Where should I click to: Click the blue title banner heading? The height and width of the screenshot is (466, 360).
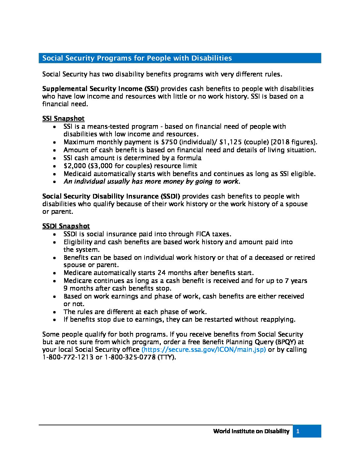point(137,58)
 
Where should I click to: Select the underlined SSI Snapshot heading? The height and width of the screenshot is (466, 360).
point(63,118)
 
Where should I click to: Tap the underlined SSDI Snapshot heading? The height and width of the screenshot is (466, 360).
point(66,226)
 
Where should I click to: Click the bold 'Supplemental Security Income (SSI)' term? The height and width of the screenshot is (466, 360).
point(100,89)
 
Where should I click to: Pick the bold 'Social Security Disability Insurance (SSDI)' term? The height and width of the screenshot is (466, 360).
point(111,196)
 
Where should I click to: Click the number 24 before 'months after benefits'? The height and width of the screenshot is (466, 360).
point(161,273)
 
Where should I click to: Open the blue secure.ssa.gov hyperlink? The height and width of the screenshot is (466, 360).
point(203,349)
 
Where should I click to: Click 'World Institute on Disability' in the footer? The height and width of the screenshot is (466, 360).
point(251,431)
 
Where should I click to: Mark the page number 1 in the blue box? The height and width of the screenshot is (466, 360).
point(298,431)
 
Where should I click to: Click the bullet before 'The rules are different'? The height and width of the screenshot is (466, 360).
point(55,312)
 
